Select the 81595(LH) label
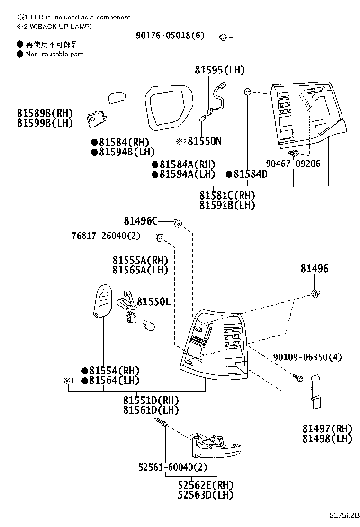click(x=220, y=70)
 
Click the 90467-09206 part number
click(x=293, y=164)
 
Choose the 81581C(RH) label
click(x=227, y=196)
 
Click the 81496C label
click(x=141, y=221)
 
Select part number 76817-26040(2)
click(x=107, y=236)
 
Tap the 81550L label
click(x=153, y=302)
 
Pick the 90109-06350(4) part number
click(x=307, y=357)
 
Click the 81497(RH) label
click(x=327, y=429)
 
